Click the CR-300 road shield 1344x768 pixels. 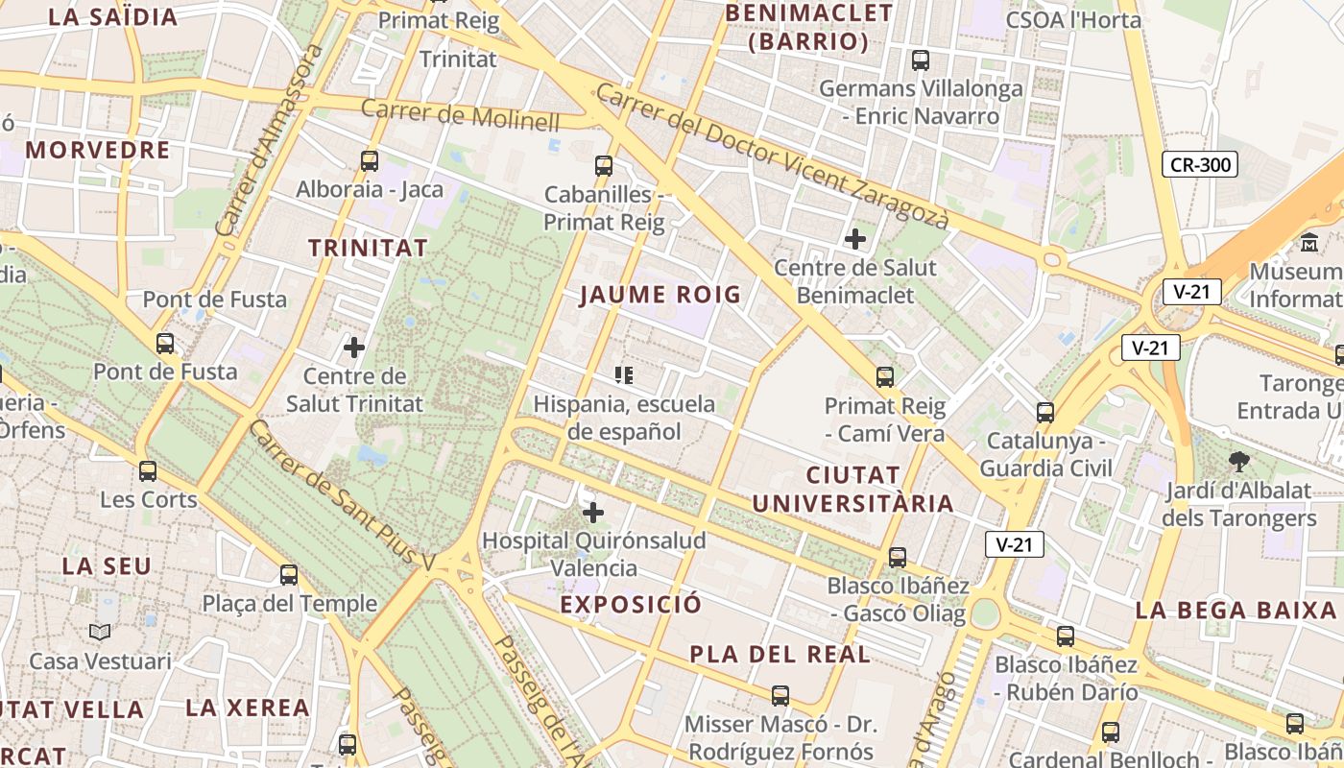coord(1200,164)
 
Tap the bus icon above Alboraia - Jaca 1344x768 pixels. coord(370,160)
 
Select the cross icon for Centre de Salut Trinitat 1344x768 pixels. coord(354,347)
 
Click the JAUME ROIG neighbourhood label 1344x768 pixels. coord(660,295)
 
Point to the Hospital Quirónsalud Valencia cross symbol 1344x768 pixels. coord(594,512)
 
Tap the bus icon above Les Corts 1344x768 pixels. coord(148,470)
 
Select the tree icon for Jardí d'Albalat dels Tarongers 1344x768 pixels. coord(1238,462)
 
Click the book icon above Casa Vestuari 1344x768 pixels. coord(100,632)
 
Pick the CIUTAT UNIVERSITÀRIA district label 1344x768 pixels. coord(852,490)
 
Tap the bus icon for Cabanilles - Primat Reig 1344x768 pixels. coord(604,165)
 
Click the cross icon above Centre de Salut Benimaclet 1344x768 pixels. coord(854,238)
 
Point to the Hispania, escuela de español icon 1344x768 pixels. coord(624,374)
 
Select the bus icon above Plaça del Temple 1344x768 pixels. coord(289,574)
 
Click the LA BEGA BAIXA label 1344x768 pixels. coord(1236,611)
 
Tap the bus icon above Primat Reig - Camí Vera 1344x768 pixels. coord(885,376)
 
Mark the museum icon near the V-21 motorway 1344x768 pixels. coord(1309,242)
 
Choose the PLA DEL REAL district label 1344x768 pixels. coord(780,655)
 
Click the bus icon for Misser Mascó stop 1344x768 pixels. coord(780,695)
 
